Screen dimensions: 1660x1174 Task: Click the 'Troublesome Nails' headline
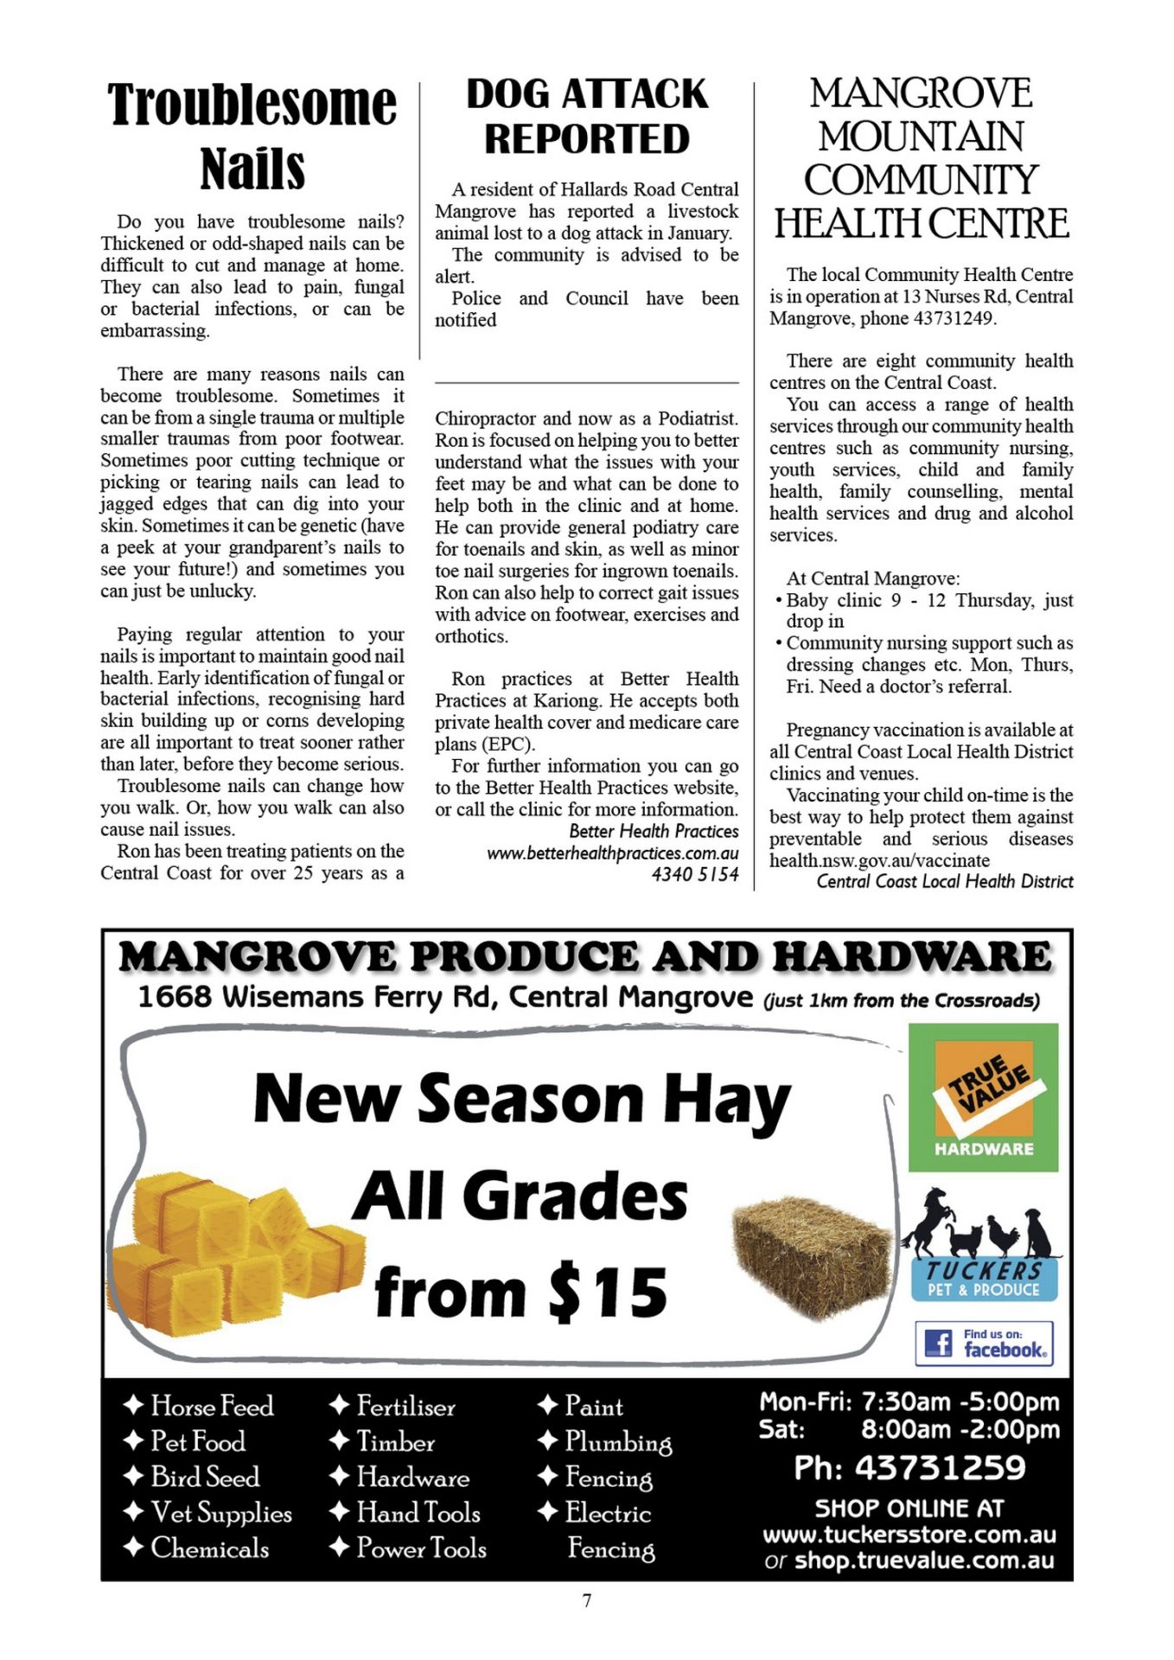click(252, 135)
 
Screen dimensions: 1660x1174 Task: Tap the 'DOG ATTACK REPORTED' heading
click(587, 117)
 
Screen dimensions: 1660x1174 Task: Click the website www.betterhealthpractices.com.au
click(612, 853)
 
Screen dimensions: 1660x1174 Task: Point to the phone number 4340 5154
click(695, 875)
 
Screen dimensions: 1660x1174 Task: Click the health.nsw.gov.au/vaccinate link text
click(879, 861)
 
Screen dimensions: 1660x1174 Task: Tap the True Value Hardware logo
click(983, 1097)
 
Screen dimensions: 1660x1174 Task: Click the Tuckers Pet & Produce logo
click(983, 1245)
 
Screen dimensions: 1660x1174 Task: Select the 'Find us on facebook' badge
click(984, 1343)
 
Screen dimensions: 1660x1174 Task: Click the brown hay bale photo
click(812, 1255)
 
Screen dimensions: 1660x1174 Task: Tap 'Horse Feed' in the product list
click(212, 1406)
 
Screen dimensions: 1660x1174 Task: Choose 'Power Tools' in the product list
click(421, 1548)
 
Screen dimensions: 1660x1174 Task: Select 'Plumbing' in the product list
click(617, 1442)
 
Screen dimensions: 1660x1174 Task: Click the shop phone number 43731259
click(940, 1468)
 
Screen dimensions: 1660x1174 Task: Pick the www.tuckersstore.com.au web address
click(909, 1535)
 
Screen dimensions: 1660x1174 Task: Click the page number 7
click(587, 1600)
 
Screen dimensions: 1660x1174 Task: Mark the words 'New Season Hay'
click(522, 1100)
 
